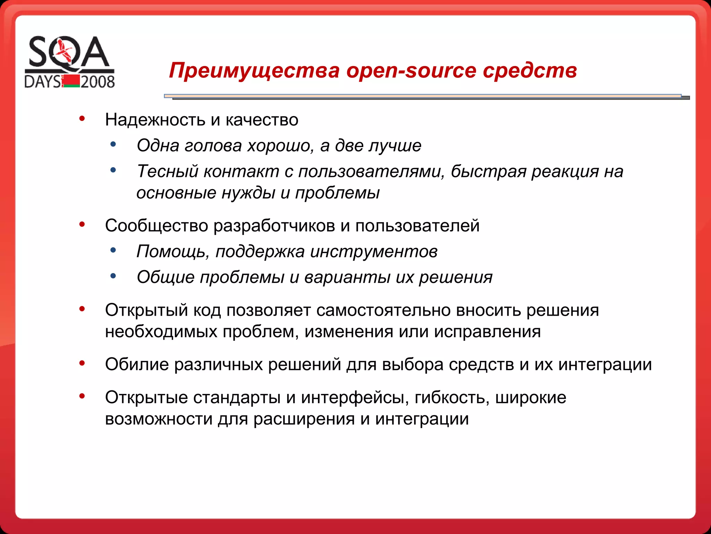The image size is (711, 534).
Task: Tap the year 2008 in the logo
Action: point(98,82)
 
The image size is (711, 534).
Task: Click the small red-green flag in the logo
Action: point(71,81)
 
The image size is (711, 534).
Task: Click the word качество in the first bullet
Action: point(262,120)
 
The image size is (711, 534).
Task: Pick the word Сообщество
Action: point(156,226)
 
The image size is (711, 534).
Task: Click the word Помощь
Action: point(172,252)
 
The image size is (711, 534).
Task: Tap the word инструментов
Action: point(374,252)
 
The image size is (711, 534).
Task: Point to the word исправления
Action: point(487,332)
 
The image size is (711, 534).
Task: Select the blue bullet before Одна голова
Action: point(113,144)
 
